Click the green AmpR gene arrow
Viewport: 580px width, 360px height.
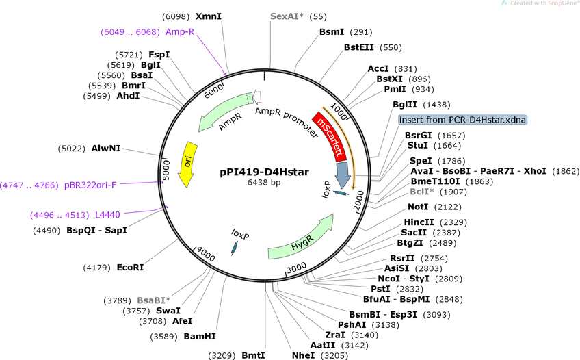[224, 112]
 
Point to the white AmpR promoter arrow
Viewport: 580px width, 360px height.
[257, 97]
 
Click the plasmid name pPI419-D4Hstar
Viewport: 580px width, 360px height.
[264, 172]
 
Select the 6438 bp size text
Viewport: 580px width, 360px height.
[264, 183]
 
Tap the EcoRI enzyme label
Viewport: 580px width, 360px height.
[130, 267]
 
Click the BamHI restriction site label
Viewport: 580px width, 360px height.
[200, 336]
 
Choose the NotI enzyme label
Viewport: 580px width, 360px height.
[418, 207]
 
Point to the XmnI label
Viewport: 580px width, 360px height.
[208, 16]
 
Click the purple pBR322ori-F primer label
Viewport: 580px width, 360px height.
[90, 185]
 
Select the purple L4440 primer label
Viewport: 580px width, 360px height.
[107, 215]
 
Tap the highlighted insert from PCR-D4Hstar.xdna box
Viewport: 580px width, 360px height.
[462, 120]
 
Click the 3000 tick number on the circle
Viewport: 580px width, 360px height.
[297, 267]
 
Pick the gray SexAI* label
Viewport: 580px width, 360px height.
[287, 16]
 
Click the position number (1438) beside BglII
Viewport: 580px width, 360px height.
[436, 105]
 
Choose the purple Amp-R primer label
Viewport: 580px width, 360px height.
[180, 31]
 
